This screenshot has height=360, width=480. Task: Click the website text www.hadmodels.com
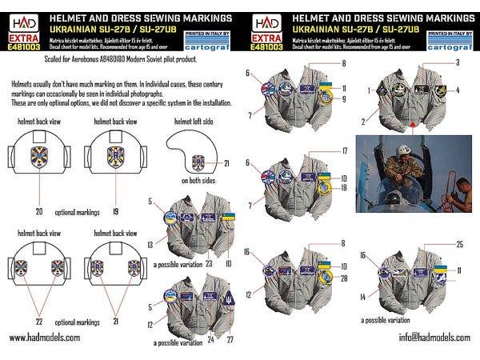pyautogui.click(x=45, y=338)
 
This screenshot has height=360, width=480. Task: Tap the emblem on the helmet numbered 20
pyautogui.click(x=38, y=159)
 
